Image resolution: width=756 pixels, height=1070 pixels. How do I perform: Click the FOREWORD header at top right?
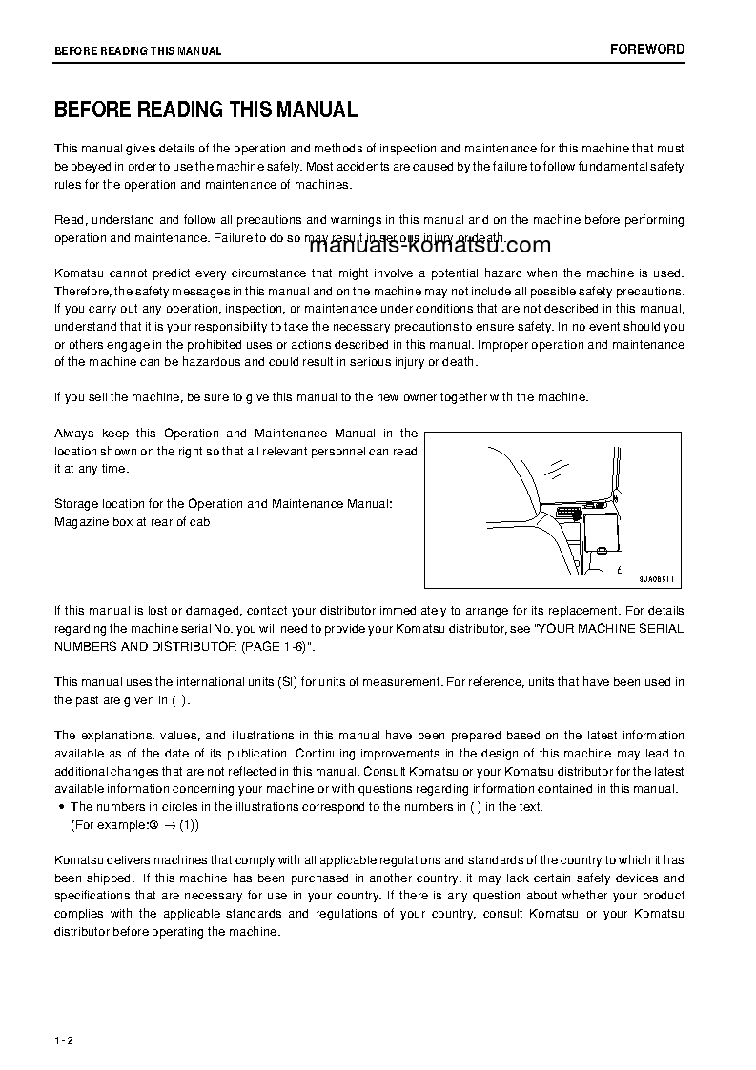pos(647,50)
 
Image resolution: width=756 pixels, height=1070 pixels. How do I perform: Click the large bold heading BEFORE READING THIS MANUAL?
pos(205,110)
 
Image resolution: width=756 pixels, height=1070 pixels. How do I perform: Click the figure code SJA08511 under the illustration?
pos(654,577)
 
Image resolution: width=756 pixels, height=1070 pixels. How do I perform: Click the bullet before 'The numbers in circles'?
pos(61,807)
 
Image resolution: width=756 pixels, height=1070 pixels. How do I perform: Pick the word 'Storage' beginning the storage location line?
pos(76,503)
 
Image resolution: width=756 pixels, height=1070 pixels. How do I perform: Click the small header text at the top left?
pos(137,51)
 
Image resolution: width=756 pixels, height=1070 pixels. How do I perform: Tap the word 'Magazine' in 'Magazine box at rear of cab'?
pos(81,521)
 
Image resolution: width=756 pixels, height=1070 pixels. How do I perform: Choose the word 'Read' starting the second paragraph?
pos(69,220)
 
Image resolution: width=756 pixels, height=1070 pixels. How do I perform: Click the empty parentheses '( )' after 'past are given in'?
pos(179,700)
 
